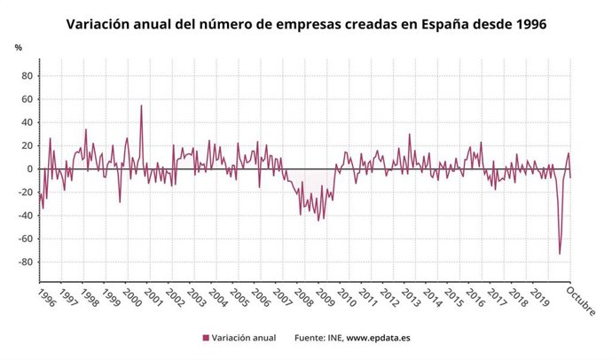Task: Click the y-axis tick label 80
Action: (x=27, y=75)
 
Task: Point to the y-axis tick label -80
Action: (x=25, y=262)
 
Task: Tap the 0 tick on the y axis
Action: (x=29, y=168)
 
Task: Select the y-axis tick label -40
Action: (x=25, y=215)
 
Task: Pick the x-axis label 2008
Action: (x=303, y=296)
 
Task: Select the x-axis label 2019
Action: (x=538, y=296)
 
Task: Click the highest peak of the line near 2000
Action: (x=141, y=106)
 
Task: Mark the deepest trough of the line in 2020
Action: (x=560, y=254)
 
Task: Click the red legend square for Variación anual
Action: (x=206, y=338)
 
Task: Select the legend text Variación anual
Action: (x=244, y=338)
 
